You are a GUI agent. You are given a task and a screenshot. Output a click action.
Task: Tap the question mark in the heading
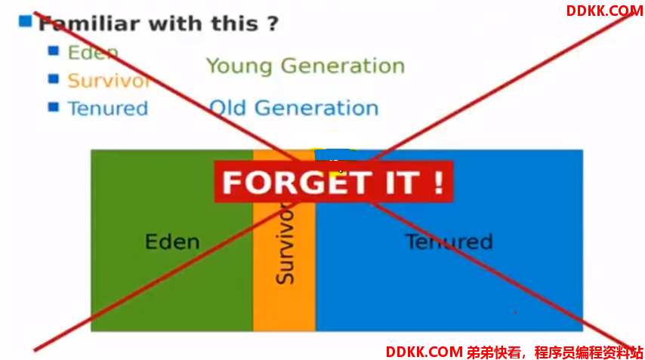273,24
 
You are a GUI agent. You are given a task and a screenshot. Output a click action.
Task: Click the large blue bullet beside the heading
25,21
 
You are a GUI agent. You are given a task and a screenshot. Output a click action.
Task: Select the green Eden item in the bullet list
93,53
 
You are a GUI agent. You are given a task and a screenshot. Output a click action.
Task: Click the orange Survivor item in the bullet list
110,81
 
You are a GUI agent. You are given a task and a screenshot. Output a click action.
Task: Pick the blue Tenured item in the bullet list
108,109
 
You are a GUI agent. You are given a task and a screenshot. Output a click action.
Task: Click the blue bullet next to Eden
54,51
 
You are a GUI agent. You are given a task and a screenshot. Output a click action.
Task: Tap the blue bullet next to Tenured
54,107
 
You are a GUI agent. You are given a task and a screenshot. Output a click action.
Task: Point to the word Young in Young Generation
239,66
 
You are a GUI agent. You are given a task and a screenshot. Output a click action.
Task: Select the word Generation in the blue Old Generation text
316,108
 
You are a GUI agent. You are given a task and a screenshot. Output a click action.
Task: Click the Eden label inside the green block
172,242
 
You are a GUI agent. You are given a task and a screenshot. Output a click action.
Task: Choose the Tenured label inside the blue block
449,242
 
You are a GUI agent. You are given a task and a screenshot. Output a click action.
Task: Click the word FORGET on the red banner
295,183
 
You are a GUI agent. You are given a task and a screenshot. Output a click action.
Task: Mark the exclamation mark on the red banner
440,182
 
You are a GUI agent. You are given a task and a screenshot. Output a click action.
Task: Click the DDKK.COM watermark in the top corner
605,11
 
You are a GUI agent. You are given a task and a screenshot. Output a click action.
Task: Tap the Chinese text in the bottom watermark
555,352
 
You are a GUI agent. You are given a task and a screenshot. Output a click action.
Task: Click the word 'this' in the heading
234,24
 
